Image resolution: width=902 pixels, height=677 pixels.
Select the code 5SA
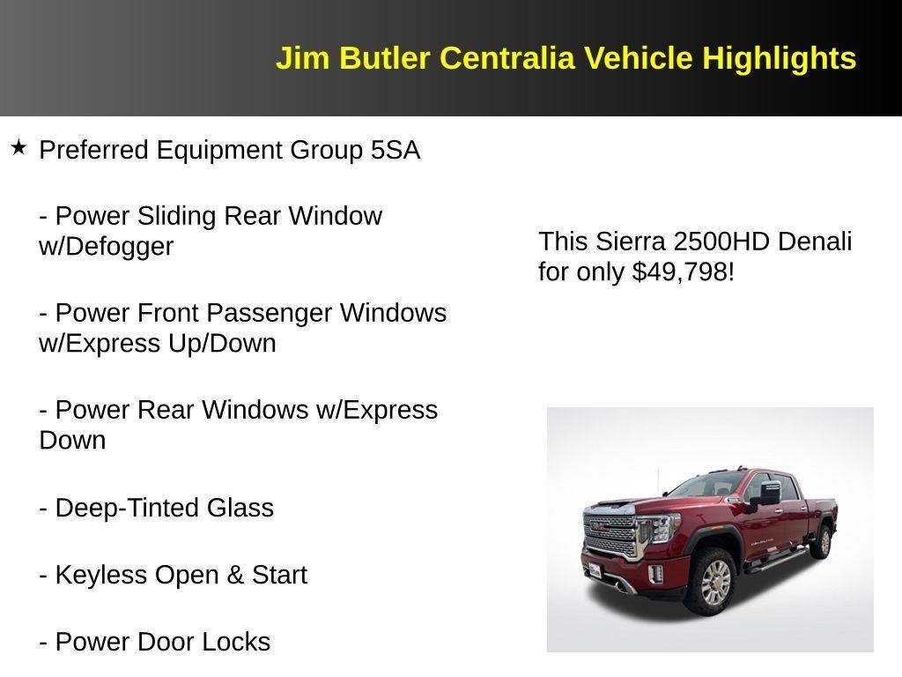tap(396, 150)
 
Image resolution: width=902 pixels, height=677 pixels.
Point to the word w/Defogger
tap(106, 247)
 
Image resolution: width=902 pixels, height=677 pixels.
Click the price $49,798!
tap(683, 272)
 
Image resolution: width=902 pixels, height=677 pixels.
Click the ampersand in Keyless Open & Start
tap(235, 575)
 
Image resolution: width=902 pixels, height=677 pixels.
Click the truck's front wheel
tap(714, 583)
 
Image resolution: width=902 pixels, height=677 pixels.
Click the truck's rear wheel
tap(822, 540)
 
